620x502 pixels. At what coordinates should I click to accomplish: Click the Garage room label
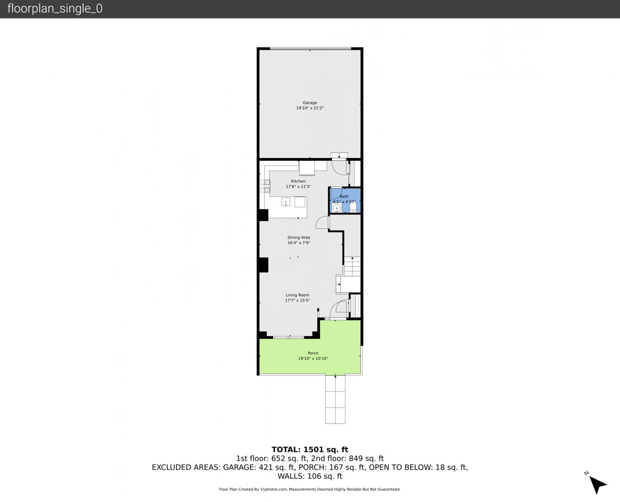coord(310,103)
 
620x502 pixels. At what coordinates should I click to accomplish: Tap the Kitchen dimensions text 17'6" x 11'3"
coord(298,186)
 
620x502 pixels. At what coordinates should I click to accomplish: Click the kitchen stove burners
coord(265,186)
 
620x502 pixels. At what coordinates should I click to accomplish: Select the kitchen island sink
coord(286,202)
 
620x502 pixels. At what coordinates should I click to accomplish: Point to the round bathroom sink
coord(337,208)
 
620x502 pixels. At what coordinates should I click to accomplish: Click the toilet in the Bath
coord(353,206)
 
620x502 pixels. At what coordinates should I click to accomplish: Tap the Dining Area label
coord(299,238)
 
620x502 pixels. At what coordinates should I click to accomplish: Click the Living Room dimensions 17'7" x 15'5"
coord(297,300)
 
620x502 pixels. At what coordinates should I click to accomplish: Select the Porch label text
coord(313,353)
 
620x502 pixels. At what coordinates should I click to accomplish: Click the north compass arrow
coord(598,484)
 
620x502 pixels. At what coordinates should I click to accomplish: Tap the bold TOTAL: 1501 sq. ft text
coord(310,449)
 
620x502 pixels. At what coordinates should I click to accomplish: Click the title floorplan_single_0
coord(55,8)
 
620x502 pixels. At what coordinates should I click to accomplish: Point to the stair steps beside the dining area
coord(352,267)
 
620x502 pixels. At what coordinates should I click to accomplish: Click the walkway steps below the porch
coord(335,399)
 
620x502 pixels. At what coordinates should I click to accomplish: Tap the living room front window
coord(288,337)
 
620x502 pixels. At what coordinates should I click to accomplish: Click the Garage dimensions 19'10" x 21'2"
coord(310,108)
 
